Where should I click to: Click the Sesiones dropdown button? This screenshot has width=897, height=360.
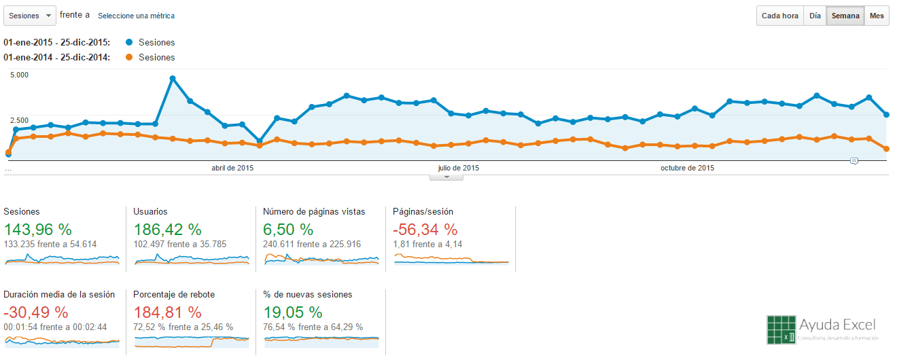pos(30,16)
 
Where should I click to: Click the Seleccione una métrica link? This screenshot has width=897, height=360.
pos(136,16)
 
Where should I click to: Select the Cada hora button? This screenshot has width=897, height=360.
pos(779,16)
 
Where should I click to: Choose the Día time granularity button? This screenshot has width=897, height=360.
pos(815,16)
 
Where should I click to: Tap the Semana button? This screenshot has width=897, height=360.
pos(845,16)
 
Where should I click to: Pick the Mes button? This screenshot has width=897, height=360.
pos(877,16)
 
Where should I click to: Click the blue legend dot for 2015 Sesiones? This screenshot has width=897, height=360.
pos(129,42)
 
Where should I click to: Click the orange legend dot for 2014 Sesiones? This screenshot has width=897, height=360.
pos(129,57)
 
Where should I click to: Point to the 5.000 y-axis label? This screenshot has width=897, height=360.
pos(19,75)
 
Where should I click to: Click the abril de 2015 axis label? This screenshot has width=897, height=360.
pos(232,168)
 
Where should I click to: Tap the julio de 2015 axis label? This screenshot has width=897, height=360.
pos(458,168)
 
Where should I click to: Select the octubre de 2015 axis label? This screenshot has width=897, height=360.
pos(687,168)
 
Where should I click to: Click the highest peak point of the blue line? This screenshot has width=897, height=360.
pos(173,79)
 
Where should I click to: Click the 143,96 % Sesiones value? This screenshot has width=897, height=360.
pos(37,229)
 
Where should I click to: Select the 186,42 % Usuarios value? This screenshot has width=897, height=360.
pos(167,229)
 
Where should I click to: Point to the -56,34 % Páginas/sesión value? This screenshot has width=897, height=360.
pos(425,229)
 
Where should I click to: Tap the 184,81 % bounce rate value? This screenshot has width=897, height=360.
pos(167,312)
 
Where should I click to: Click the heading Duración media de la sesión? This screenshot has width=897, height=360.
pos(59,294)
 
